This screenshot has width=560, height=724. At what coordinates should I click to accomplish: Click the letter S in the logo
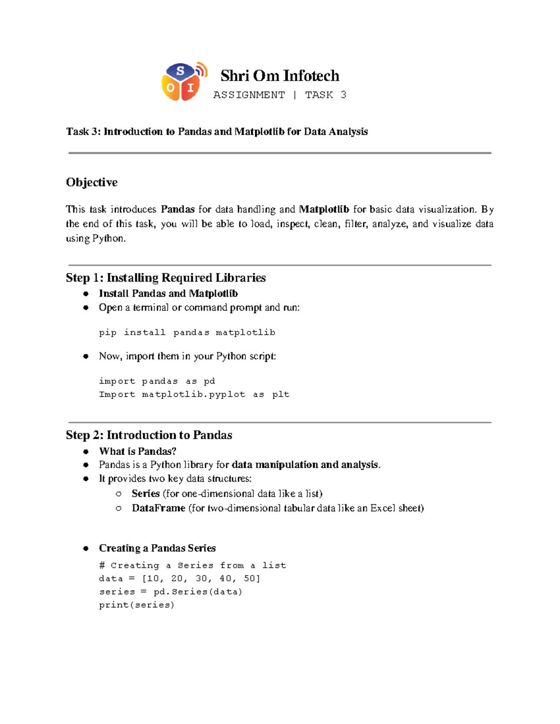(181, 71)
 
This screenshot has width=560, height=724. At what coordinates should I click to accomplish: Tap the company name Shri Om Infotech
(280, 76)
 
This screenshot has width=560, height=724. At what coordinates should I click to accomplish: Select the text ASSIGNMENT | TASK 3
(280, 95)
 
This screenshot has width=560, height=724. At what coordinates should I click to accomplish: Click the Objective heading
(91, 182)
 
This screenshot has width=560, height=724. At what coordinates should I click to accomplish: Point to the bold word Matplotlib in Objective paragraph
(324, 209)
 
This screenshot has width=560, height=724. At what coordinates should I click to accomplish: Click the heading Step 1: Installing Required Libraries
(166, 278)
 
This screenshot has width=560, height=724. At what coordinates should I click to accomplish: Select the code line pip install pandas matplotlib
(187, 332)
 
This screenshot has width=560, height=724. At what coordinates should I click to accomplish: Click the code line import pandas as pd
(157, 381)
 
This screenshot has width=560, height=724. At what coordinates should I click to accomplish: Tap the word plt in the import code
(280, 394)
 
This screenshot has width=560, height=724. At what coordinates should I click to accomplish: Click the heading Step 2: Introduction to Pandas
(149, 435)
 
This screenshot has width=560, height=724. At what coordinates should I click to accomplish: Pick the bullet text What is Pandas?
(138, 451)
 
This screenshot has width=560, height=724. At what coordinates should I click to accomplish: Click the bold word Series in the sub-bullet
(146, 494)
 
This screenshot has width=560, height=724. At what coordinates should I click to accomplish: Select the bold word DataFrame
(158, 508)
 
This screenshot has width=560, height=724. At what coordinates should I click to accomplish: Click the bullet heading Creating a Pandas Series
(157, 548)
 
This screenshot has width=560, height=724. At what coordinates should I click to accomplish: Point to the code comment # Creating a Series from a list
(192, 565)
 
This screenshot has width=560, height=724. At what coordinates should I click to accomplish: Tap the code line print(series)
(136, 605)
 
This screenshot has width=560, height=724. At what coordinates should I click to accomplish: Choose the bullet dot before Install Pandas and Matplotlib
(86, 294)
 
